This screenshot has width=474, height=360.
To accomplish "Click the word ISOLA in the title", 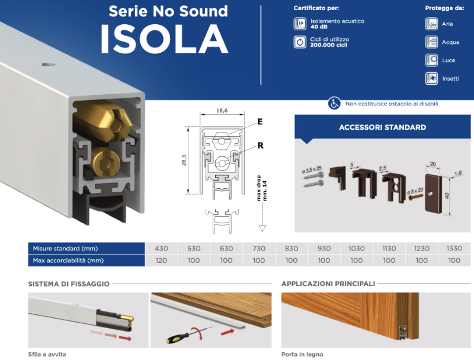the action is click(x=164, y=39).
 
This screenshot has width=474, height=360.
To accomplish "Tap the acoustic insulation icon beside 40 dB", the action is click(x=300, y=24).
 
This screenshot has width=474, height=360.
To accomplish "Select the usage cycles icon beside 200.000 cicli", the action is click(x=300, y=42).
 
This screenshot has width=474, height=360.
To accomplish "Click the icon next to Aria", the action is click(x=431, y=24).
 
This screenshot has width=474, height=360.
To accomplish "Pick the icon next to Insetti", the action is click(x=431, y=79).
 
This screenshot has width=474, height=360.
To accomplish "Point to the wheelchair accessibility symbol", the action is click(x=334, y=104).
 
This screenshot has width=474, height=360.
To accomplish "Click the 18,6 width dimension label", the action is click(x=222, y=111).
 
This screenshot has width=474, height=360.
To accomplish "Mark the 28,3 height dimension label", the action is click(x=184, y=160).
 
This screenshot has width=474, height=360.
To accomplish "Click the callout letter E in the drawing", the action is click(x=260, y=122).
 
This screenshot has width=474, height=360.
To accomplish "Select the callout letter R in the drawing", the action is click(x=260, y=146).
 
